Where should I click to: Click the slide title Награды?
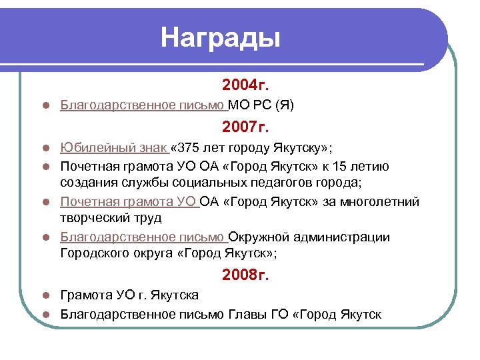(x=220, y=37)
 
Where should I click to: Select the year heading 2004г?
(x=245, y=85)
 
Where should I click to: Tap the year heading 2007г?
(x=245, y=126)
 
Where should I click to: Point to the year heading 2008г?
(x=245, y=273)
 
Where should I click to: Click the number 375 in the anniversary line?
(x=188, y=147)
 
